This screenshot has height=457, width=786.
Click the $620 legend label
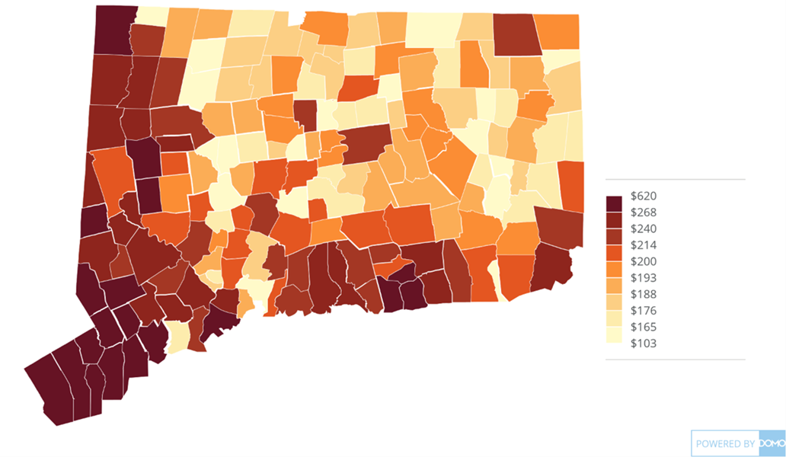644,196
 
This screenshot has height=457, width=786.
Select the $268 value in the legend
644,213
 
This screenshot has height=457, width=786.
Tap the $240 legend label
644,228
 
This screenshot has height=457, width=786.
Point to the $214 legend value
644,245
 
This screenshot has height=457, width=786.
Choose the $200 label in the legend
644,261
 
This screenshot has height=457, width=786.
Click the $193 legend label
644,278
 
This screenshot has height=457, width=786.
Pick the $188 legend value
644,294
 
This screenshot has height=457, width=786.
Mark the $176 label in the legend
644,311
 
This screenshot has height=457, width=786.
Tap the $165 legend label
644,327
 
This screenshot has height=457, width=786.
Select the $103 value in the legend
644,344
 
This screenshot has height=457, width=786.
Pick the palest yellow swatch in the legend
614,336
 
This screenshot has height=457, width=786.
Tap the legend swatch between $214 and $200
614,254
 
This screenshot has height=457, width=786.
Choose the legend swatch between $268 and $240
614,221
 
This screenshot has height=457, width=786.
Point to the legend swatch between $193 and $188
614,286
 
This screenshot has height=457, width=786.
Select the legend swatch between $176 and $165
614,319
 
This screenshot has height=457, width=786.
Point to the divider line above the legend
675,180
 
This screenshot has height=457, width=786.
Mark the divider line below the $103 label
675,359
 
